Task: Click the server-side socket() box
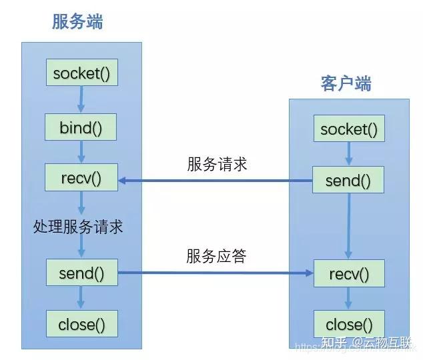[x=81, y=73]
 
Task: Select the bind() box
[x=81, y=127]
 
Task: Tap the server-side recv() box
[x=81, y=178]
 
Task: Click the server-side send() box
[x=81, y=273]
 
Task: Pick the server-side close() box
[x=81, y=325]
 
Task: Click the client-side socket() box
[x=348, y=129]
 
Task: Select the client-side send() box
[x=348, y=180]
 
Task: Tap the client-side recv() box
[x=348, y=273]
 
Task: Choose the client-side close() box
[x=348, y=325]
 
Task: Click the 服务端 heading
[x=77, y=22]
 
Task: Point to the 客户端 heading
[x=346, y=83]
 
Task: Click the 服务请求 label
[x=217, y=164]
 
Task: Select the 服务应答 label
[x=216, y=256]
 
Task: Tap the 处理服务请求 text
[x=78, y=227]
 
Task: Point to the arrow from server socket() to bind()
[x=81, y=99]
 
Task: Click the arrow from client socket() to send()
[x=348, y=155]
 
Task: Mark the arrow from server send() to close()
[x=81, y=298]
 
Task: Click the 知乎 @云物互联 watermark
[x=366, y=343]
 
